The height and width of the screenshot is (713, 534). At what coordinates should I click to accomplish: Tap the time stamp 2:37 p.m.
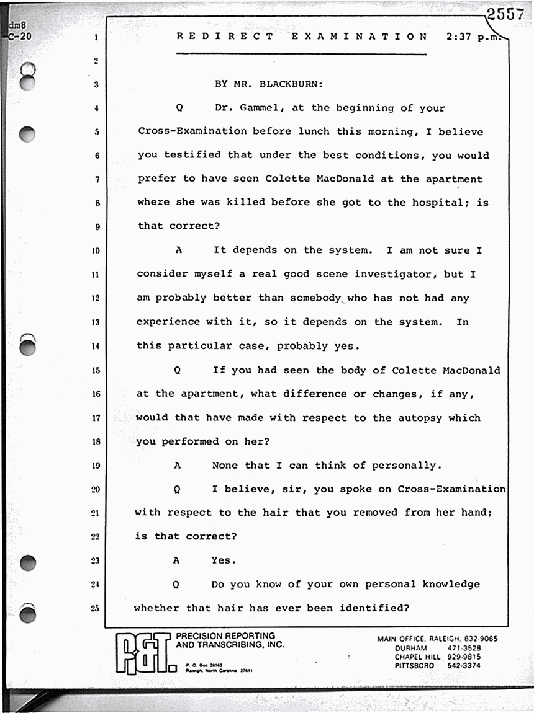pyautogui.click(x=473, y=37)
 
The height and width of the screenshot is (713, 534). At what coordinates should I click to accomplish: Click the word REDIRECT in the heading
pyautogui.click(x=225, y=37)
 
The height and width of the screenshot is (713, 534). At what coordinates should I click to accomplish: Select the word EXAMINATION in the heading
pyautogui.click(x=360, y=37)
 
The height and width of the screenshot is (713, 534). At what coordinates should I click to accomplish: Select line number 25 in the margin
pyautogui.click(x=96, y=608)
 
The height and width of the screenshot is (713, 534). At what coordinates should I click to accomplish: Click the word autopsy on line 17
pyautogui.click(x=420, y=418)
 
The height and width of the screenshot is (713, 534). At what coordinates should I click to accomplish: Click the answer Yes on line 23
pyautogui.click(x=224, y=560)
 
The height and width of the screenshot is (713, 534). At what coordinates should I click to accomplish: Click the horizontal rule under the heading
pyautogui.click(x=302, y=55)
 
